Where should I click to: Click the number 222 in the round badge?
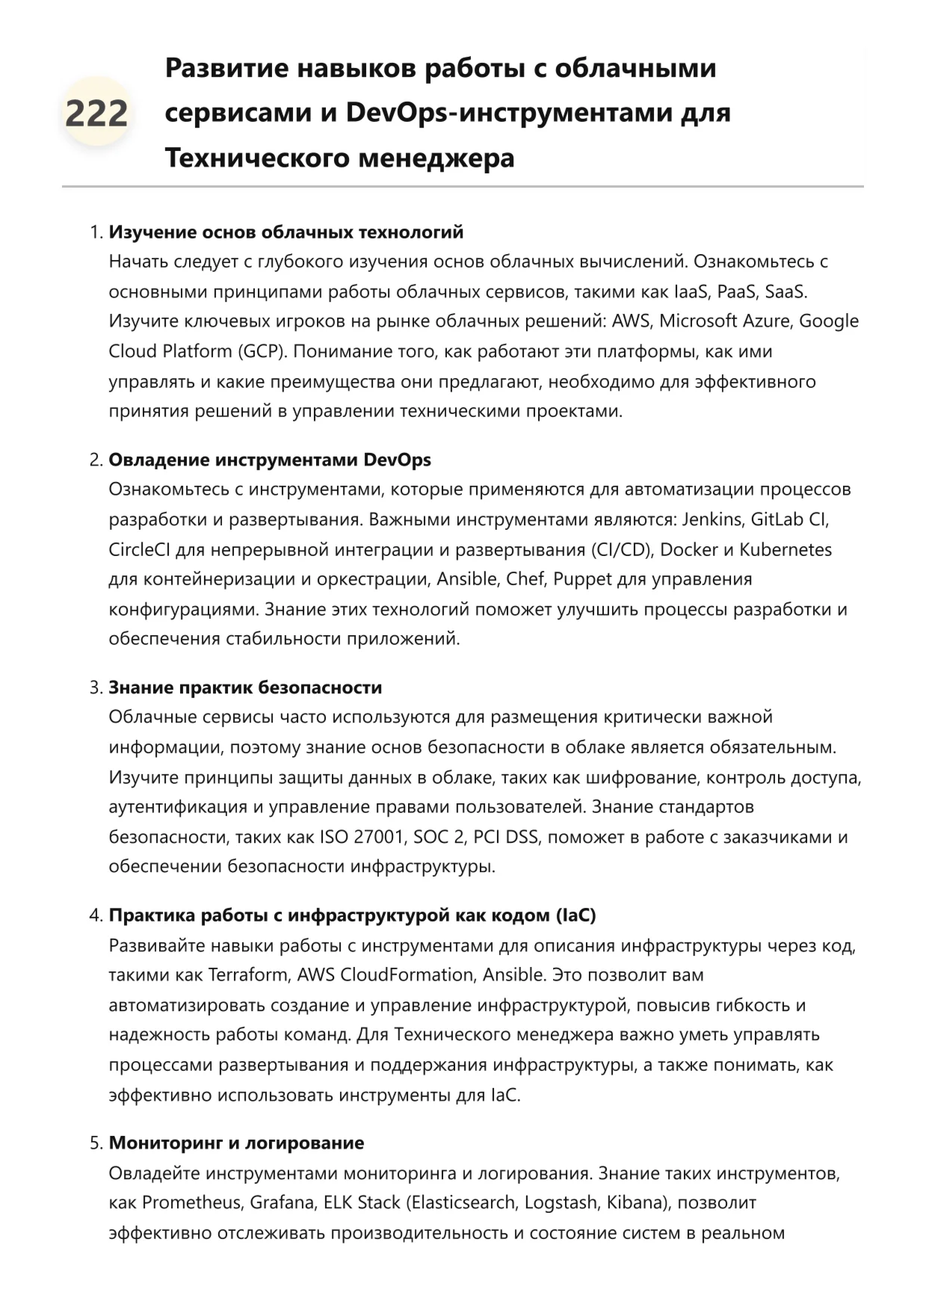pos(96,114)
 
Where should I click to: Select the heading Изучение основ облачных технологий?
pos(286,232)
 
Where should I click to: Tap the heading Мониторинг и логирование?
pos(236,1143)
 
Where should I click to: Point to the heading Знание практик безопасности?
pos(245,687)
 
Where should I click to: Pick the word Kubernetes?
pos(785,549)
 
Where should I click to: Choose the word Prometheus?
pos(191,1202)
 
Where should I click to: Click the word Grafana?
pos(282,1202)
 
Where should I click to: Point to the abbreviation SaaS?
pos(785,291)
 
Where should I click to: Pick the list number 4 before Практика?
pos(95,915)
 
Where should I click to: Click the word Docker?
pos(688,549)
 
